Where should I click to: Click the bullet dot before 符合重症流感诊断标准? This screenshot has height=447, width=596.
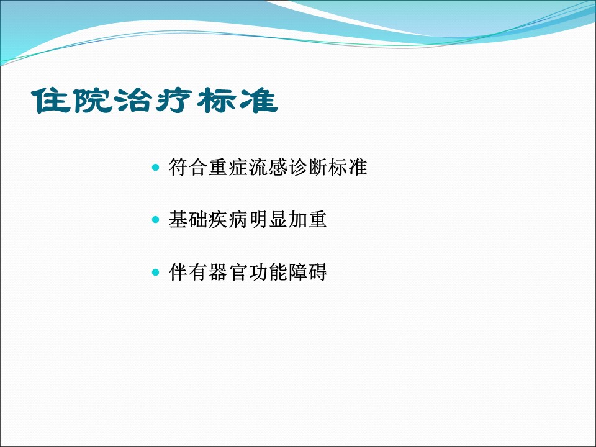(155, 167)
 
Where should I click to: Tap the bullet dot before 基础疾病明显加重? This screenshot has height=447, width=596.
(155, 219)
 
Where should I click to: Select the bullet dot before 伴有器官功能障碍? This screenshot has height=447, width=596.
(155, 272)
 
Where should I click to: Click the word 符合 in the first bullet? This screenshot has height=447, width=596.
(188, 167)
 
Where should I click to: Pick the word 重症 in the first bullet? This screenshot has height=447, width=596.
(228, 167)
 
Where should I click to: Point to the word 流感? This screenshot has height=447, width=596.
(268, 167)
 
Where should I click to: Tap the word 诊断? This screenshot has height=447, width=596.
(308, 167)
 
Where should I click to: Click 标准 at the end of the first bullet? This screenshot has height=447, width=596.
(348, 167)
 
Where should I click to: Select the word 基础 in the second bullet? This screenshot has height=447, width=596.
(188, 219)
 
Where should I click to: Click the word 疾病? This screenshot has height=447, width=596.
(228, 219)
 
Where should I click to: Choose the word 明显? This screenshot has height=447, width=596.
(268, 219)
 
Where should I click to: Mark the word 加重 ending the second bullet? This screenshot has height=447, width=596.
(308, 219)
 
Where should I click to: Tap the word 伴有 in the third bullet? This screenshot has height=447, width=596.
(188, 272)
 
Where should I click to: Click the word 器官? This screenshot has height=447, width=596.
(228, 272)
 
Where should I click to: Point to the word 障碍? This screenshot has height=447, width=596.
(308, 272)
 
